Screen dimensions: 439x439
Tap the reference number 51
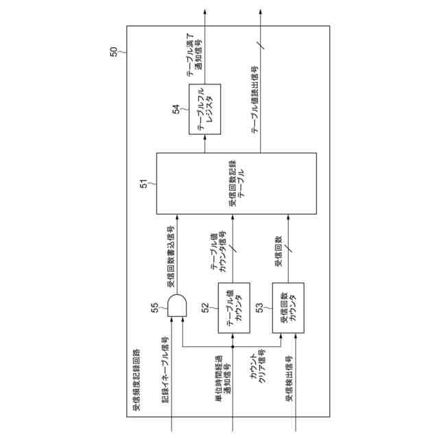coord(144,183)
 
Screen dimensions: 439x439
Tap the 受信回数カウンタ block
coord(285,308)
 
